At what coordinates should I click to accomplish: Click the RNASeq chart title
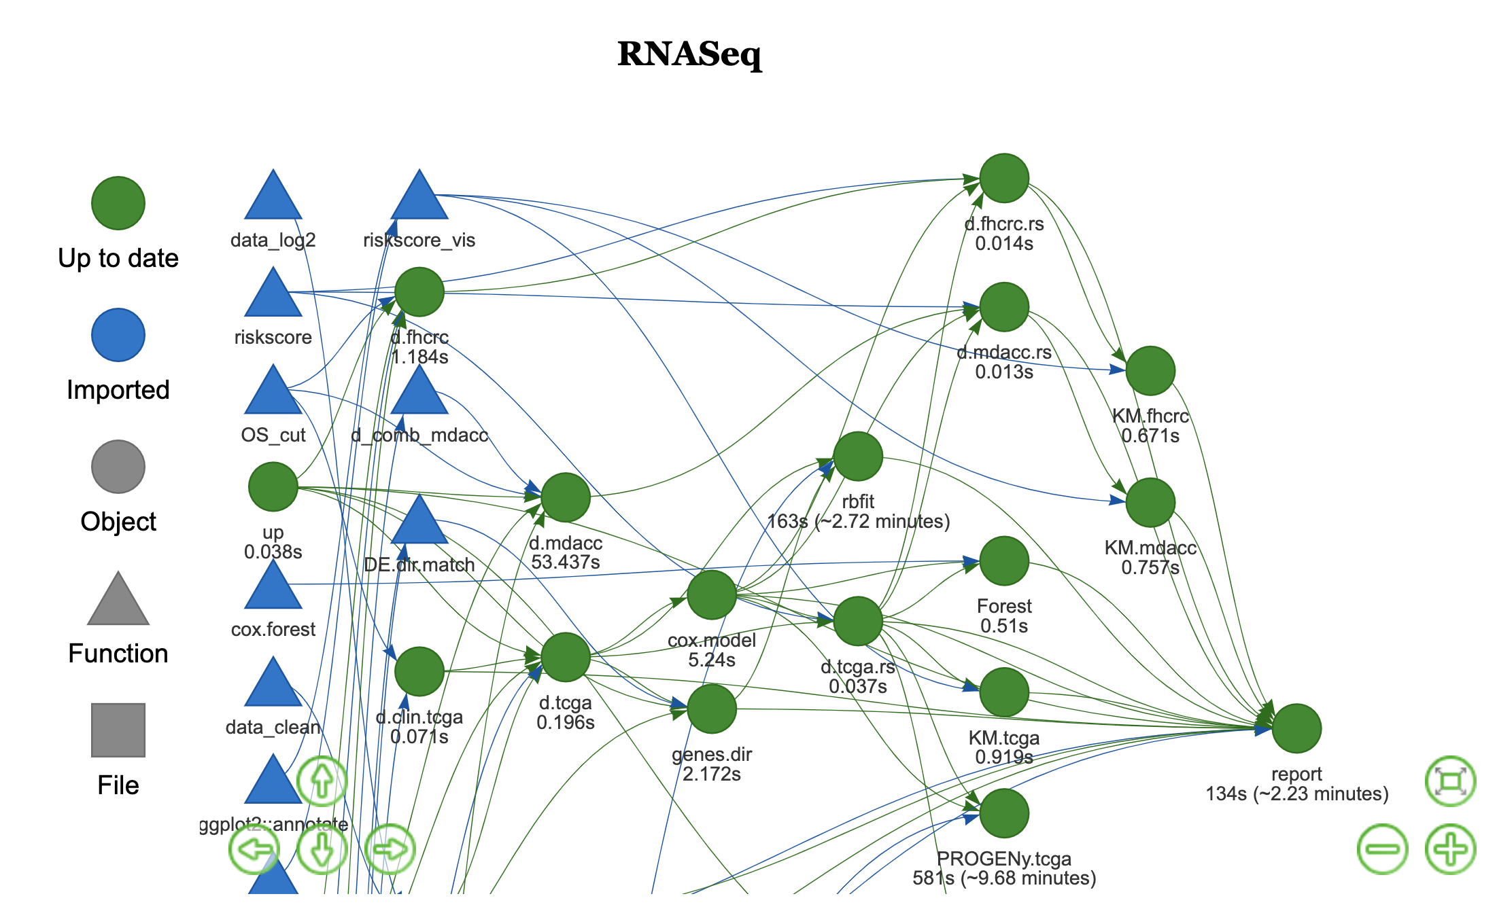(x=689, y=54)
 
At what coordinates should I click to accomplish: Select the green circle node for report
(x=1296, y=728)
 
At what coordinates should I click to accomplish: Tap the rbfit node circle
(x=857, y=457)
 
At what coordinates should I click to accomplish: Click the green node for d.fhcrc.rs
(x=1003, y=178)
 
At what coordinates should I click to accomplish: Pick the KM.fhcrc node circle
(x=1150, y=371)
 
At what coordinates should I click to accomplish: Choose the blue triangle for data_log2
(x=273, y=198)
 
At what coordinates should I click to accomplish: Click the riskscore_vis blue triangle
(x=419, y=198)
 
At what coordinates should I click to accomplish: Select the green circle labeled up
(x=273, y=486)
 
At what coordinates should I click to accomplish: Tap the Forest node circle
(x=1003, y=561)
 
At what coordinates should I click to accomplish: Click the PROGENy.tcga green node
(x=1003, y=813)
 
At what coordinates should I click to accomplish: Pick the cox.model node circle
(x=711, y=595)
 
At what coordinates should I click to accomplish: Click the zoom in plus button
(x=1450, y=849)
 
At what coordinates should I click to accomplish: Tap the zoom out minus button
(x=1382, y=849)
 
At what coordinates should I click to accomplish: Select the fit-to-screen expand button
(x=1450, y=781)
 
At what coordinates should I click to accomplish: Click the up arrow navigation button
(x=322, y=781)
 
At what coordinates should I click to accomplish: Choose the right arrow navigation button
(x=390, y=849)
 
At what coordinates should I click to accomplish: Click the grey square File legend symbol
(x=118, y=730)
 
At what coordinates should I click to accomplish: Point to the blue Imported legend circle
(x=118, y=335)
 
